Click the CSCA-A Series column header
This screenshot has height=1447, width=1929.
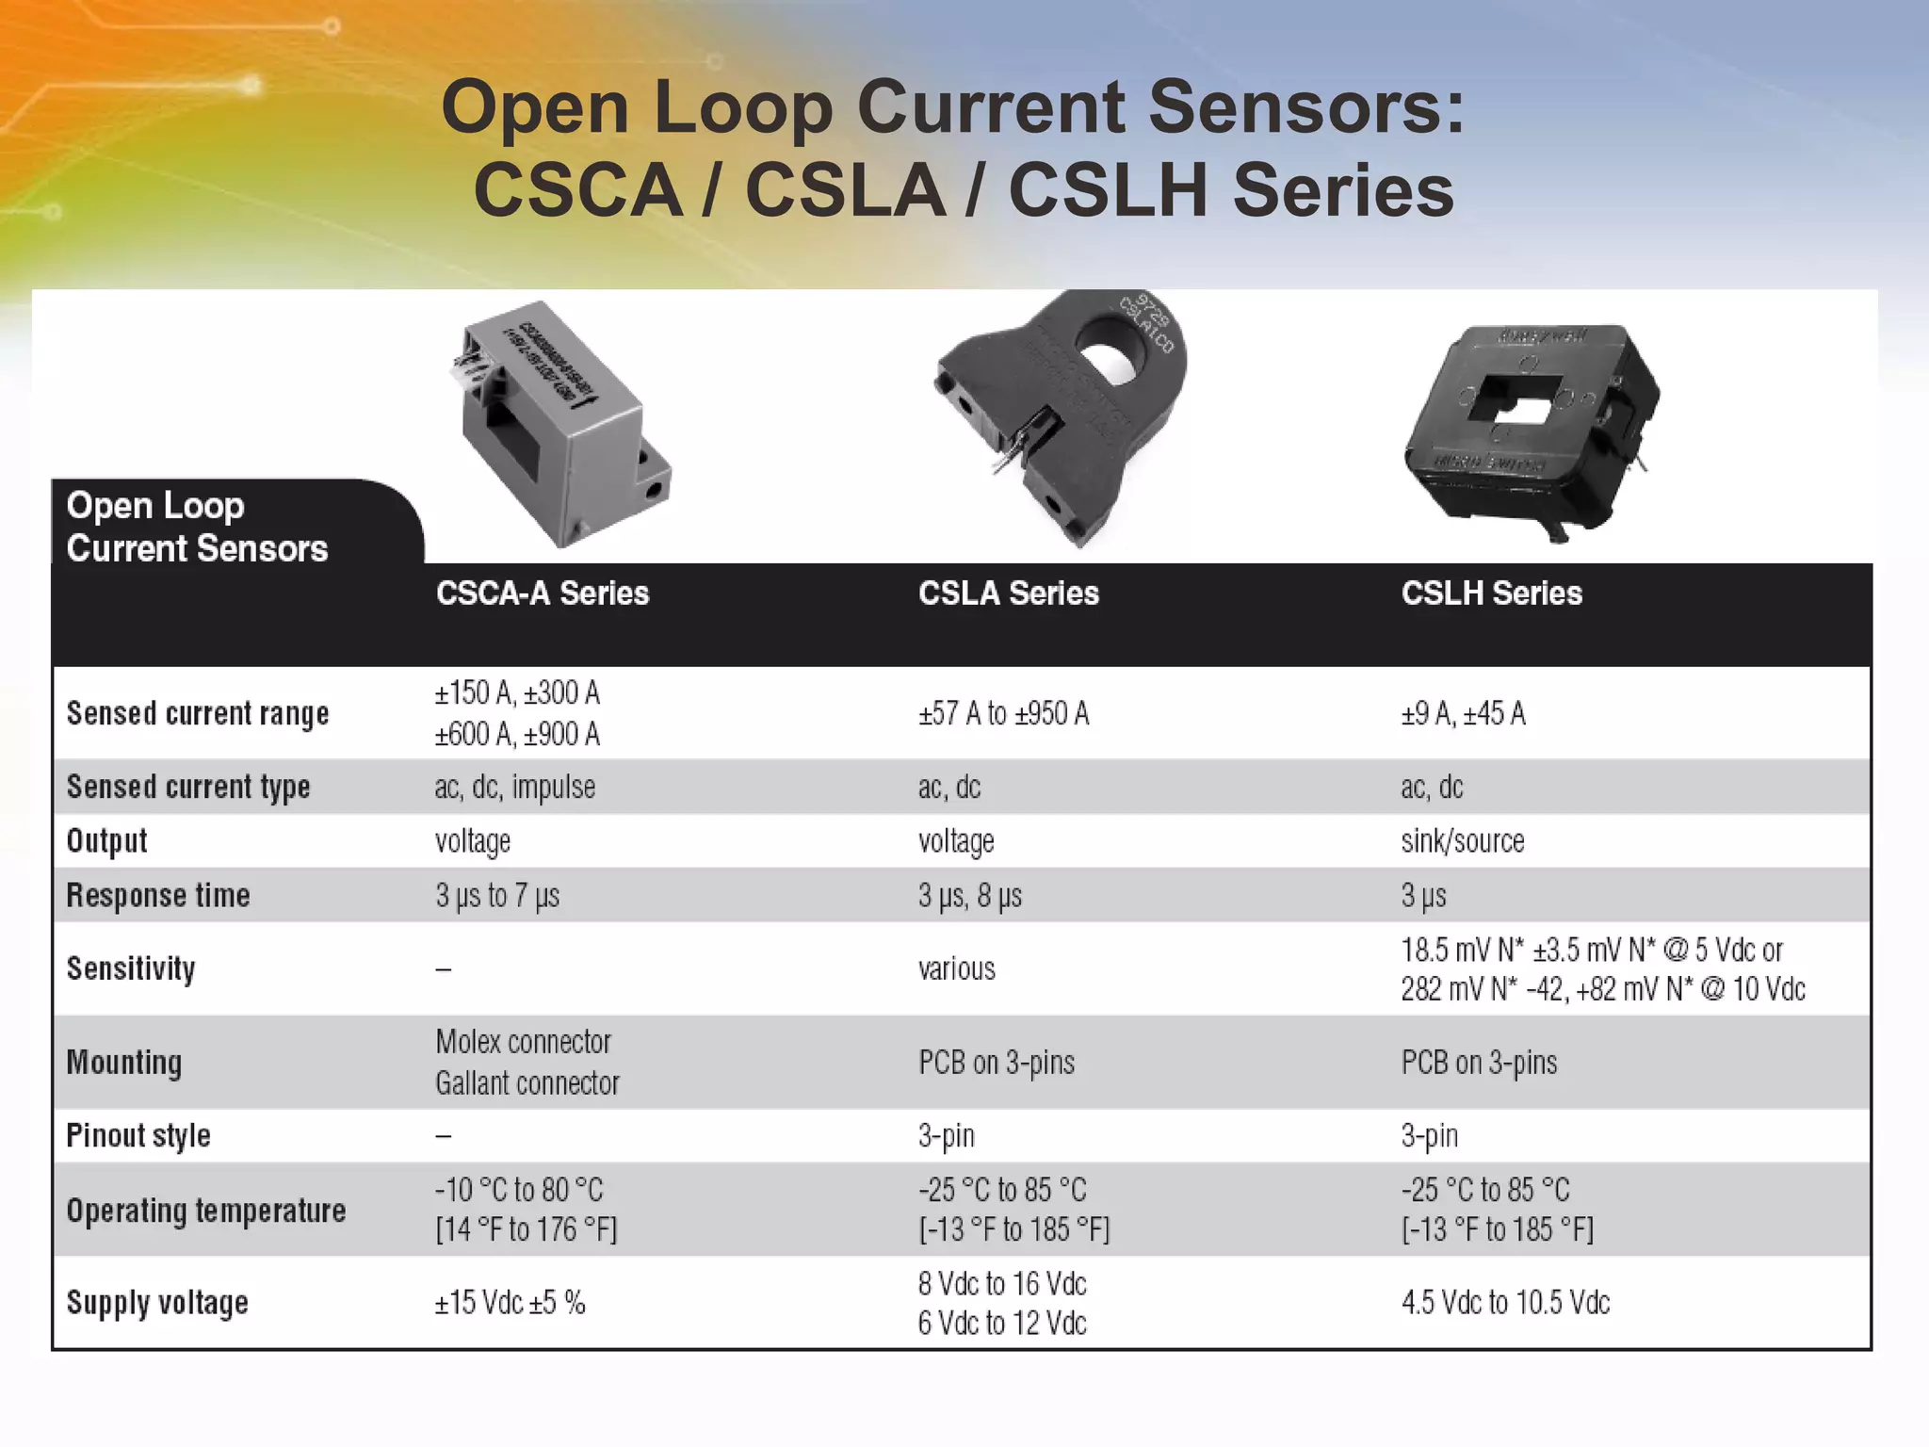click(543, 593)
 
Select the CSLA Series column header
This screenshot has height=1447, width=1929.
click(1008, 593)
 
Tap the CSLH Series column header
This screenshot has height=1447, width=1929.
click(1491, 593)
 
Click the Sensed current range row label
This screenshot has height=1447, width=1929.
click(198, 714)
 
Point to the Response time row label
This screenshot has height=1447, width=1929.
click(158, 895)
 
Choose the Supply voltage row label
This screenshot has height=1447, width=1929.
click(157, 1303)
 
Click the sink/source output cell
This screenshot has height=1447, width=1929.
click(1462, 840)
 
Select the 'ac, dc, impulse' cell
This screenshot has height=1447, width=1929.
click(514, 787)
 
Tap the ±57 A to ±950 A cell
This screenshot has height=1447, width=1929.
click(1003, 714)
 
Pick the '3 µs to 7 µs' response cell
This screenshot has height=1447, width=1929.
click(497, 895)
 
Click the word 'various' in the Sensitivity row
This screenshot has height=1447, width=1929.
click(956, 968)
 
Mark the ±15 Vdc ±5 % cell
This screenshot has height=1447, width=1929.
click(510, 1303)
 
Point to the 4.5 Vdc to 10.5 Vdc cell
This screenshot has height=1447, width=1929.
click(1505, 1303)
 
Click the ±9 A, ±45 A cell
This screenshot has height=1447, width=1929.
click(1463, 714)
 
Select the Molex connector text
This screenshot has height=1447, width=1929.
click(523, 1042)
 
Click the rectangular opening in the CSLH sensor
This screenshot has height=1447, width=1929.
click(1516, 400)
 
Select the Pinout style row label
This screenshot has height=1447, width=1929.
click(138, 1136)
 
